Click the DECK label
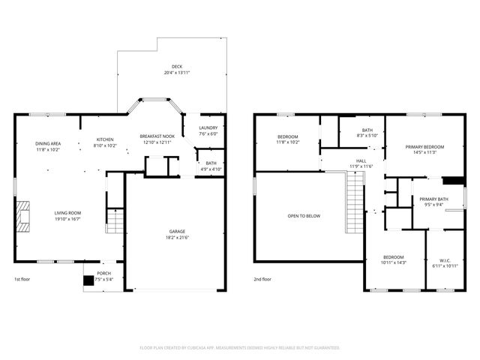pos(177,66)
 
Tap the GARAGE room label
pos(177,231)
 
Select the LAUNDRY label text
pos(208,127)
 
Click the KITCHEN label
pos(104,139)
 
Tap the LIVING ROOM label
pos(67,213)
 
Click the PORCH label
pos(103,273)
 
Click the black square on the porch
pos(89,281)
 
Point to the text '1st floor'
pos(22,280)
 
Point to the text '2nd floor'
pos(263,280)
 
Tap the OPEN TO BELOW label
pos(304,216)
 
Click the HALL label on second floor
pos(361,160)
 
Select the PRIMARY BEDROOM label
pos(425,146)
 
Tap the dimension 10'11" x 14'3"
pos(393,262)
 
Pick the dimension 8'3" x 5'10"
pos(361,136)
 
